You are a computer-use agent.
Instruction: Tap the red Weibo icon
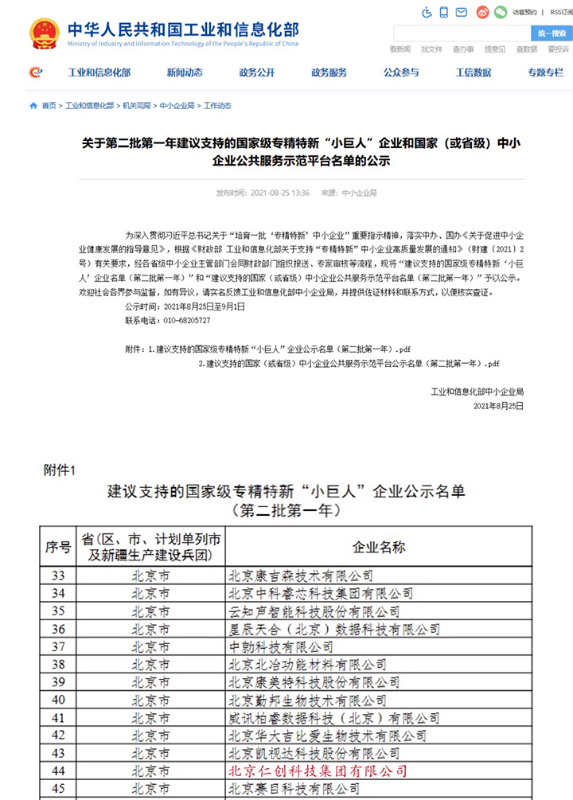coord(482,13)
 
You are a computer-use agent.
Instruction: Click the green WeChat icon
coord(500,13)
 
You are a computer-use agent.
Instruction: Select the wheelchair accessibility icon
coord(427,13)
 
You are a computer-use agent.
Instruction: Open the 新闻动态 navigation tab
coord(185,72)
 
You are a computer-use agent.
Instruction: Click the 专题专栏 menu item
coord(545,72)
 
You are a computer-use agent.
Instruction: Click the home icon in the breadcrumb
coord(33,105)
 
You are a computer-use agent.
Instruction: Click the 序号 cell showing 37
coord(57,646)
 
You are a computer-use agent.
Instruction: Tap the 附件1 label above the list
coord(59,470)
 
